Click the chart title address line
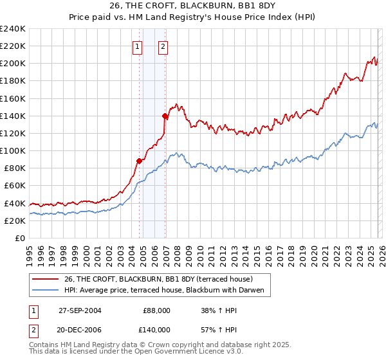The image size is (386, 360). click(x=192, y=6)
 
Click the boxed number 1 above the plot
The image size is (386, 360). click(x=138, y=46)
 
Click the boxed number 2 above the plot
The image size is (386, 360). click(x=163, y=46)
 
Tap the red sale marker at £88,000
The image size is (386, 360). click(x=139, y=161)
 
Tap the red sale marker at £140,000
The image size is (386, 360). click(x=165, y=116)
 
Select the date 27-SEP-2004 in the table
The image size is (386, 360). click(x=79, y=310)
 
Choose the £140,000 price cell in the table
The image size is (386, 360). click(x=156, y=329)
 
